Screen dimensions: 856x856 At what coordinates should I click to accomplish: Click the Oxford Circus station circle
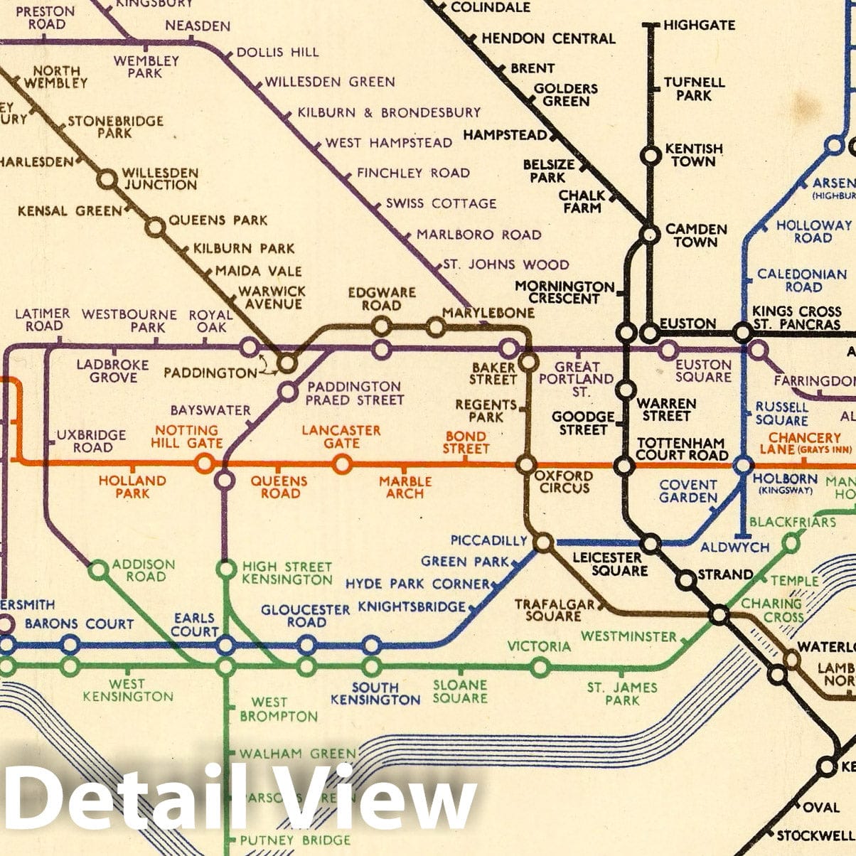pyautogui.click(x=526, y=465)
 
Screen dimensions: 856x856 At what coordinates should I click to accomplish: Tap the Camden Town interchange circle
pyautogui.click(x=648, y=233)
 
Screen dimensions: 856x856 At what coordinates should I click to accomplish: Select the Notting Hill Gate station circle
pyautogui.click(x=205, y=464)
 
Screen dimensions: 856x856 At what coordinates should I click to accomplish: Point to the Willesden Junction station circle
pyautogui.click(x=107, y=179)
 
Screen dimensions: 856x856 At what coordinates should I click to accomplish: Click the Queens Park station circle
pyautogui.click(x=154, y=228)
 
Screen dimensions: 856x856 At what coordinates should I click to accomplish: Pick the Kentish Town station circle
pyautogui.click(x=650, y=154)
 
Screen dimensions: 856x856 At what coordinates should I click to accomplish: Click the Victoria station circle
pyautogui.click(x=540, y=668)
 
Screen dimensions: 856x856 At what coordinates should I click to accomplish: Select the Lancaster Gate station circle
pyautogui.click(x=342, y=464)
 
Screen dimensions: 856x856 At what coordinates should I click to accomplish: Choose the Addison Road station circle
pyautogui.click(x=98, y=569)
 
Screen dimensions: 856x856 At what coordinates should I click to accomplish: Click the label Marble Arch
pyautogui.click(x=405, y=487)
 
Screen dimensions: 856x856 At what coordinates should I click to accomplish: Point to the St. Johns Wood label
pyautogui.click(x=506, y=264)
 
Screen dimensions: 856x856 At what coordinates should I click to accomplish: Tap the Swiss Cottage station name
pyautogui.click(x=441, y=203)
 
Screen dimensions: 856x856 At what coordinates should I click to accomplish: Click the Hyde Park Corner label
pyautogui.click(x=417, y=584)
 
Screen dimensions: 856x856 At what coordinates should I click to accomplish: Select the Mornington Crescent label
pyautogui.click(x=565, y=291)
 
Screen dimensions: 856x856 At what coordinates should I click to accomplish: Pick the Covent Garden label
pyautogui.click(x=688, y=491)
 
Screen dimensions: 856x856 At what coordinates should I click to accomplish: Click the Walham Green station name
pyautogui.click(x=297, y=754)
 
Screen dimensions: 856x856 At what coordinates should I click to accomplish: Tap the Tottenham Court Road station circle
pyautogui.click(x=624, y=466)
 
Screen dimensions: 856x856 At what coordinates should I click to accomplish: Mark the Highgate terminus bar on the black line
pyautogui.click(x=650, y=26)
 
